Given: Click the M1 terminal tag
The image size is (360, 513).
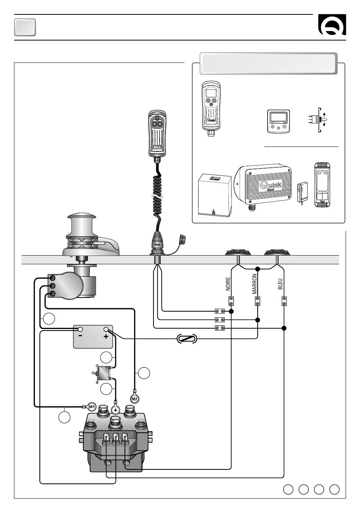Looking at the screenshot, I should pyautogui.click(x=91, y=407).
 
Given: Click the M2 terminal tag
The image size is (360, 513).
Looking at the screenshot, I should pyautogui.click(x=135, y=398).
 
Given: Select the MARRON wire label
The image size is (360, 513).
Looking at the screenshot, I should pyautogui.click(x=255, y=284).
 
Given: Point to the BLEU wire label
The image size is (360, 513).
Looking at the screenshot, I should pyautogui.click(x=280, y=284).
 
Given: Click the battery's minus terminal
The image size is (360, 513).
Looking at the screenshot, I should pyautogui.click(x=80, y=329).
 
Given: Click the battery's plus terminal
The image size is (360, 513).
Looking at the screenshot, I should pyautogui.click(x=106, y=329).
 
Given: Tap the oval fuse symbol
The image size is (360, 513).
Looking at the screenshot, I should pyautogui.click(x=187, y=339).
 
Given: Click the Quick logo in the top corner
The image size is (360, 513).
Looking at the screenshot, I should pyautogui.click(x=332, y=26).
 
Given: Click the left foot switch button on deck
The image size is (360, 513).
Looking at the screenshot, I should pyautogui.click(x=237, y=252).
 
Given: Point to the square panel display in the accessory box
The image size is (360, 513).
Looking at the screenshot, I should pyautogui.click(x=278, y=122).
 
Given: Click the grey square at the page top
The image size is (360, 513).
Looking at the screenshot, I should pyautogui.click(x=25, y=27).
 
